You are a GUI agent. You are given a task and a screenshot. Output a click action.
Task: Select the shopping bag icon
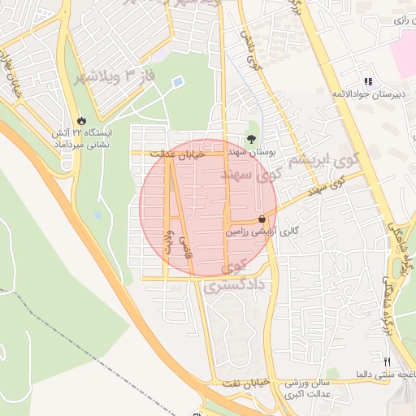[x=262, y=219]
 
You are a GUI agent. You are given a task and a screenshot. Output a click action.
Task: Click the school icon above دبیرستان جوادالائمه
[x=368, y=82]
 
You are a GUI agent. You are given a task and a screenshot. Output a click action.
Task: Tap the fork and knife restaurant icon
[x=388, y=362]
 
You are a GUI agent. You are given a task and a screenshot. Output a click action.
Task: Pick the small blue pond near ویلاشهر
[x=178, y=81]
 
